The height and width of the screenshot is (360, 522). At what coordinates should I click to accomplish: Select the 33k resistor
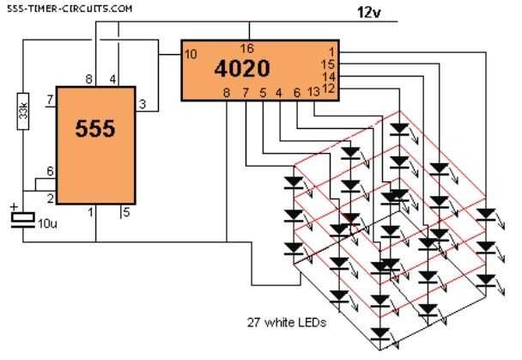(x=25, y=113)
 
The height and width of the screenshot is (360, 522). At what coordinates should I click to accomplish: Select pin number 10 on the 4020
(x=191, y=54)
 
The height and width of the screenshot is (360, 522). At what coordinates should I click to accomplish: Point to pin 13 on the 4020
(x=314, y=91)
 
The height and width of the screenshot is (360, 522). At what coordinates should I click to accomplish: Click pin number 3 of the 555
(x=144, y=104)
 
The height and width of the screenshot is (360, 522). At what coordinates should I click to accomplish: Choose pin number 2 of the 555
(x=51, y=198)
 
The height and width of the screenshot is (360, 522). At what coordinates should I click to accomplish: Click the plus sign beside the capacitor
(x=14, y=207)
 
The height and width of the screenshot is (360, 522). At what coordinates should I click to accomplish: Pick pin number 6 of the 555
(x=51, y=172)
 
